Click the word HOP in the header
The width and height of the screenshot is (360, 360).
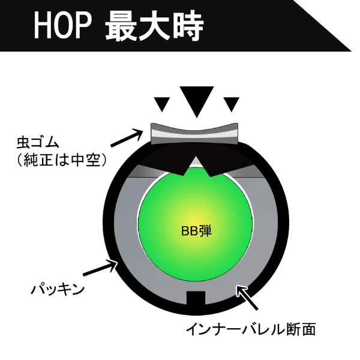(61, 26)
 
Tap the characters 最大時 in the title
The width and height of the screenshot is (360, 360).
(154, 26)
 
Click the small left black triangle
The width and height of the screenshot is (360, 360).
(160, 104)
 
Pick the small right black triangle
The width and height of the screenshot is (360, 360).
(232, 104)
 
